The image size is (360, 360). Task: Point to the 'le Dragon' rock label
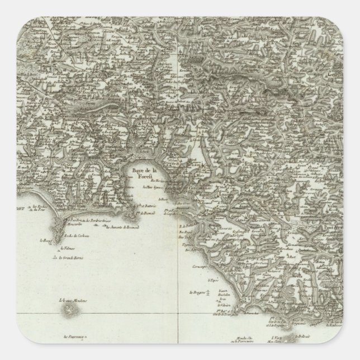(x=197, y=292)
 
